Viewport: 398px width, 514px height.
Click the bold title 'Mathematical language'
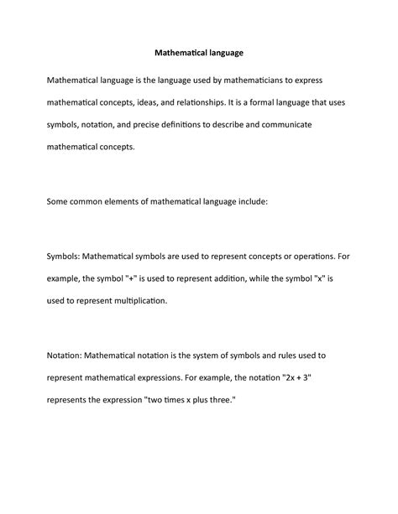[x=199, y=53]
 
